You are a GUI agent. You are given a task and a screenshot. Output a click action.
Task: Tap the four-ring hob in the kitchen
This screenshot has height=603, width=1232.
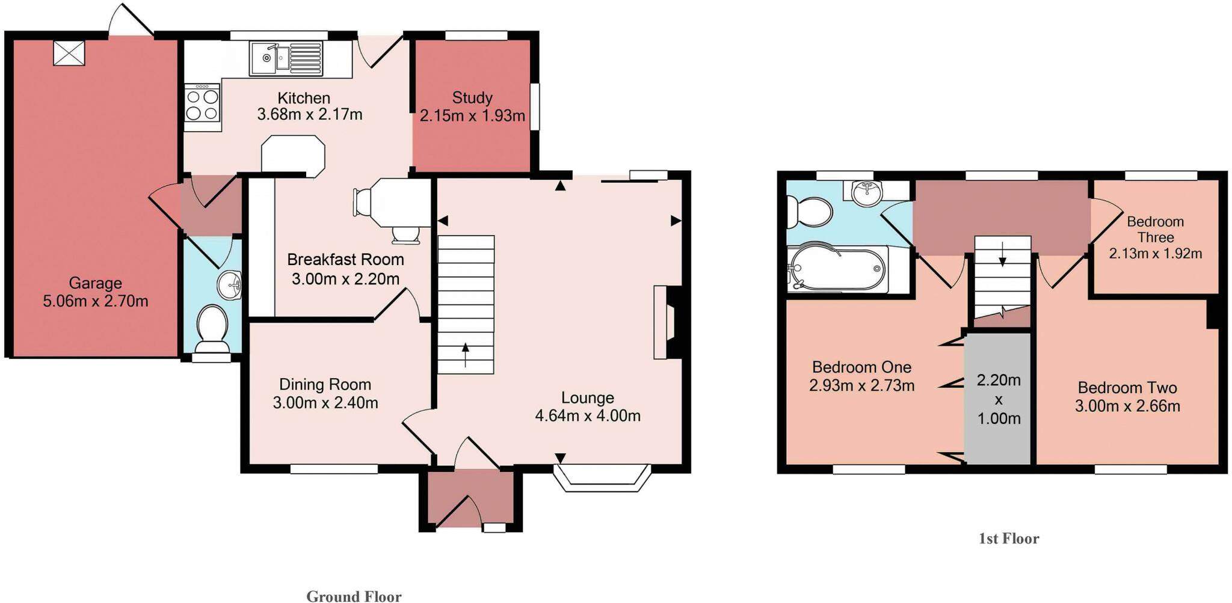(203, 104)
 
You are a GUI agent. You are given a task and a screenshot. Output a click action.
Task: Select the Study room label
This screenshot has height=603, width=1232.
(472, 97)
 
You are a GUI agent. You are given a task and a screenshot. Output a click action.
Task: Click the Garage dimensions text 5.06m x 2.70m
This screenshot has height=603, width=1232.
(95, 301)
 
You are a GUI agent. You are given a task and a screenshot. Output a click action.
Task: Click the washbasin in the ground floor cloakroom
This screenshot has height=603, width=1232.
(230, 284)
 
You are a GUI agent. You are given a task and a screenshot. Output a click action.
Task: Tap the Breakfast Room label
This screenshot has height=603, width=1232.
(345, 260)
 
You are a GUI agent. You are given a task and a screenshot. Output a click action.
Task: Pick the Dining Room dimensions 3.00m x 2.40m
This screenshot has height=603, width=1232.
(325, 403)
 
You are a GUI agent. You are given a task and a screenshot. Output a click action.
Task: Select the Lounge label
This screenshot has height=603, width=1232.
(587, 398)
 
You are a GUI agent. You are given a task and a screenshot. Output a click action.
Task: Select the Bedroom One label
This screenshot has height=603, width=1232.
(861, 367)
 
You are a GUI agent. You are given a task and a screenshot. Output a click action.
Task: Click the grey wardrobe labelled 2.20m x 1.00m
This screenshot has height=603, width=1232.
(999, 399)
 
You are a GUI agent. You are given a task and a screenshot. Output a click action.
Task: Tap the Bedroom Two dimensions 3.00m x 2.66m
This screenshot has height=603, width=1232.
(1127, 406)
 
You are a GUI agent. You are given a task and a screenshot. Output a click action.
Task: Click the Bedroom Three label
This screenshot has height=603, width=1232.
(1155, 230)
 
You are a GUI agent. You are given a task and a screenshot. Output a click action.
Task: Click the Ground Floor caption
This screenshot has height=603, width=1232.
(354, 596)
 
